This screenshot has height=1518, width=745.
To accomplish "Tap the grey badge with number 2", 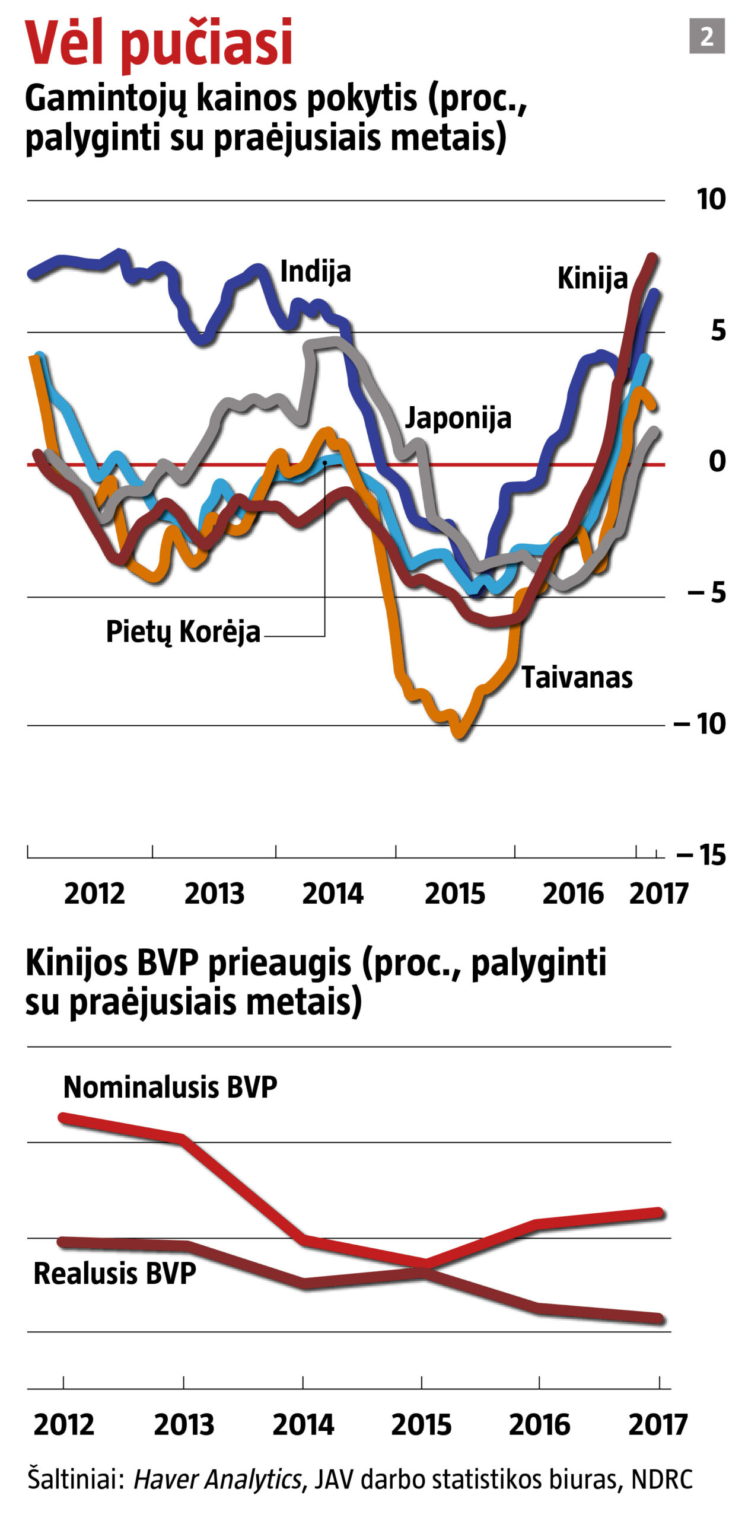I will pos(706,36).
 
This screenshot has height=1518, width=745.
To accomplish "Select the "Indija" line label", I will pos(315,272).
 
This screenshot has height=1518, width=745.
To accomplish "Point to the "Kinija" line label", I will pos(592,278).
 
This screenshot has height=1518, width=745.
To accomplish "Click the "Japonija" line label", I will pos(458,418).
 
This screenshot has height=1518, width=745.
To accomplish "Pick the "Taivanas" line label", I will pos(577,677).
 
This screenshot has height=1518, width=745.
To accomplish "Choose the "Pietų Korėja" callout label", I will pos(183,632).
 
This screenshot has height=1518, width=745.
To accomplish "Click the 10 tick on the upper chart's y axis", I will pos(711,199).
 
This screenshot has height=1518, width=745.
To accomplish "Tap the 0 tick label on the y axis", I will pos(717,461).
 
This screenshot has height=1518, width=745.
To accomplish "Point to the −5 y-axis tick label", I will pos(707,592).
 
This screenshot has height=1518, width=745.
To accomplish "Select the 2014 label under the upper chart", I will pos(332,894).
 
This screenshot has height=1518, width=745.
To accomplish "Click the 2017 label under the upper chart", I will pos(658,894).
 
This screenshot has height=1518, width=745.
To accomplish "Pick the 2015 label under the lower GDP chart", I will pos(421,1425).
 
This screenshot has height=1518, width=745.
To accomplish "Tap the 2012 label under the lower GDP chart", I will pos(63,1425).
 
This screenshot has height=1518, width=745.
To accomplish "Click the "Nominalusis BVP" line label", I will pos(170,1088).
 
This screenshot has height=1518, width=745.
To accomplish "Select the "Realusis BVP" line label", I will pos(114,1274).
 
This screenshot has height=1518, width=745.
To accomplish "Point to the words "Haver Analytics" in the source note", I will pos(217,1479).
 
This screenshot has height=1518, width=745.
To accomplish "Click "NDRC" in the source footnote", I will pos(662,1479).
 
